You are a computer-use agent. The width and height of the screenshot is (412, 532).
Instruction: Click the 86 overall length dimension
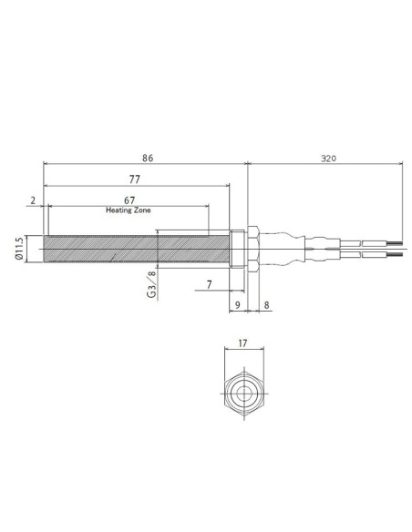tap(148, 158)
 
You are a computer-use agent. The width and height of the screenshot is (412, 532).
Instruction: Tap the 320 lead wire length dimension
tap(328, 158)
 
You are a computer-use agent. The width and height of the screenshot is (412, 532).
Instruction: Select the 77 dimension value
tap(134, 180)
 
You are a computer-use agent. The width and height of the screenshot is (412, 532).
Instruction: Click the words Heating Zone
tap(128, 210)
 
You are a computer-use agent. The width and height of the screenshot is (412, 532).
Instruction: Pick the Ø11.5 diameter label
tap(19, 248)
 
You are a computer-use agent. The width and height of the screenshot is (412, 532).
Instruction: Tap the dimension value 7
tap(209, 285)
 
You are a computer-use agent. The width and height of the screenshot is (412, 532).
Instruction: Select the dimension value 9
tap(238, 306)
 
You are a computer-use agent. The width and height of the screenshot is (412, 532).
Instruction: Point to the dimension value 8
tap(265, 306)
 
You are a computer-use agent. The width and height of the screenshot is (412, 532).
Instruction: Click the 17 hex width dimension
tap(242, 344)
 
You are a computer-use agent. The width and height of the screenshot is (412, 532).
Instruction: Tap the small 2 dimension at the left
tap(32, 199)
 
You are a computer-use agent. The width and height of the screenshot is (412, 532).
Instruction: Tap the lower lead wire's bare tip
tap(394, 255)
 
